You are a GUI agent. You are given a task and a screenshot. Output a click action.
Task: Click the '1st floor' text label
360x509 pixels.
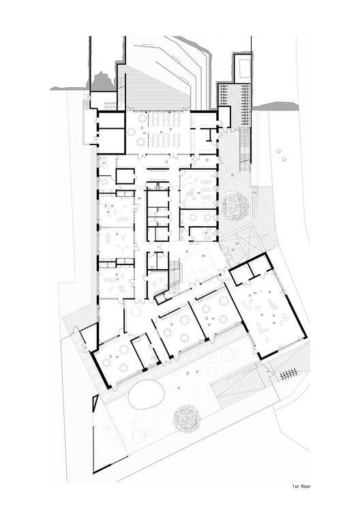pos(301,487)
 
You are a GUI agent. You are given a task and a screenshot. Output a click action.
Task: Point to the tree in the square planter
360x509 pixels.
pos(236,205)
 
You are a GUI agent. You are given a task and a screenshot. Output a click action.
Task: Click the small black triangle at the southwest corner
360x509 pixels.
pos(95,403)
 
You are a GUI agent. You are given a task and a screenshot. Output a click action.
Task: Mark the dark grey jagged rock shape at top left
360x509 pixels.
pos(102,82)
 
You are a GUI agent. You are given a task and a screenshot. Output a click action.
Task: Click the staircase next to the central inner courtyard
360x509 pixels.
pos(175,277)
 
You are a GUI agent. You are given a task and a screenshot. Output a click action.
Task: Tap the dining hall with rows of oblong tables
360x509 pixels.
pos(158,132)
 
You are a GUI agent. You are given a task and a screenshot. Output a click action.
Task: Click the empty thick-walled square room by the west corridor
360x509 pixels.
pos(125,176)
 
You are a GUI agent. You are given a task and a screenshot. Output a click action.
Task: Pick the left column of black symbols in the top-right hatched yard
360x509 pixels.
pos(223,95)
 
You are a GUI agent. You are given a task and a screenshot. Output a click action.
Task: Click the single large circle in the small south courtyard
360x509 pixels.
pos(136,311)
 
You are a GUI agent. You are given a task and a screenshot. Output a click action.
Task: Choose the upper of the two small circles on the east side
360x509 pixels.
pos(278,151)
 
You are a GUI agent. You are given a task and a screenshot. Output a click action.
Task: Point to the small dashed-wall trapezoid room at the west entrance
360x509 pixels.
pos(89,335)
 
